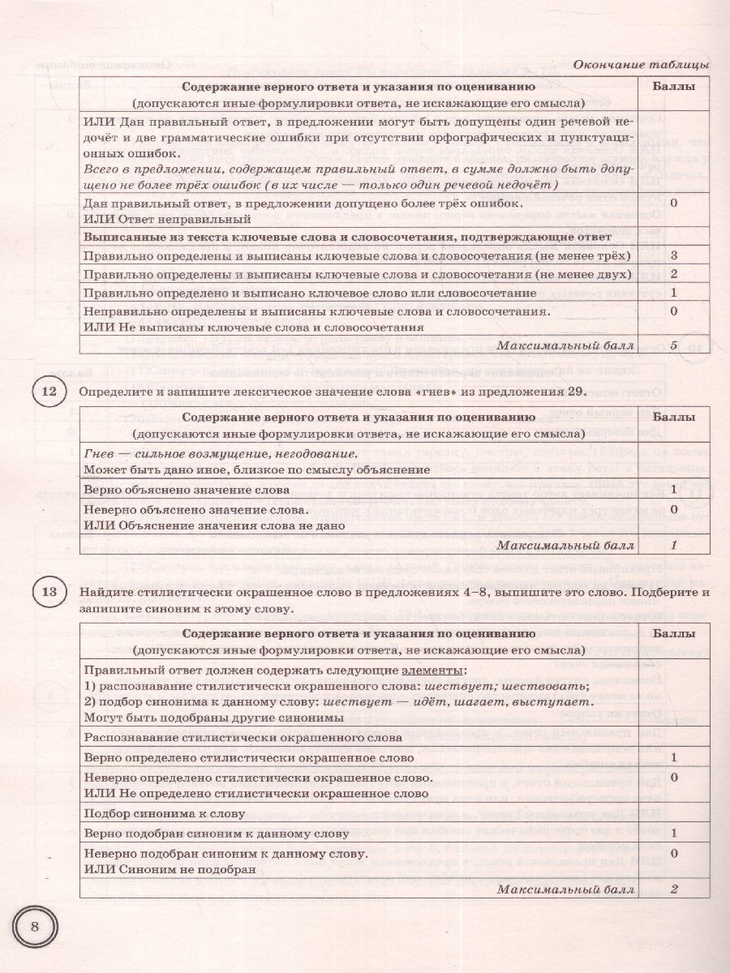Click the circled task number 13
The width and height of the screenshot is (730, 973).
(x=48, y=594)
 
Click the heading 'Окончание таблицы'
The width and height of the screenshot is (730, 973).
(x=641, y=64)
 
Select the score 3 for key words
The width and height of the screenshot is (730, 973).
(x=674, y=255)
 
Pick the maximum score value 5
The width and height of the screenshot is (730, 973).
(x=674, y=345)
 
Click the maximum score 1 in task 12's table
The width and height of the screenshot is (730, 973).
(x=674, y=546)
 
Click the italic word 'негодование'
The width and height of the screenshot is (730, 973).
(x=311, y=452)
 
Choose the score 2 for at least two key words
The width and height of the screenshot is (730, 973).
(x=674, y=274)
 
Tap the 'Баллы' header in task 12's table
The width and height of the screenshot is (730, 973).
(x=674, y=418)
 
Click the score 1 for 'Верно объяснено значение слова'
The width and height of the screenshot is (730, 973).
(x=674, y=490)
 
